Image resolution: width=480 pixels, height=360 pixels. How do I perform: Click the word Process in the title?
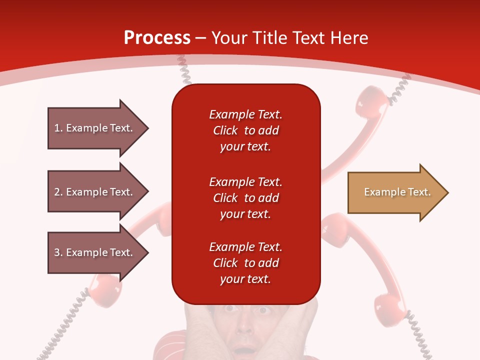tap(157, 38)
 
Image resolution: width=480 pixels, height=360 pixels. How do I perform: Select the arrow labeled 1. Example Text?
tap(95, 128)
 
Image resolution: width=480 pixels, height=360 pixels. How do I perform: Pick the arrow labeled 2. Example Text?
tap(95, 192)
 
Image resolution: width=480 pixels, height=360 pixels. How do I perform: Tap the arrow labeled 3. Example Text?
tap(95, 252)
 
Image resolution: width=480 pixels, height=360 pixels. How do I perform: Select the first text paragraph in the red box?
tap(245, 130)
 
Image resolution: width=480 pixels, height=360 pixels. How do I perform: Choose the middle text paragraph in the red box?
tap(245, 197)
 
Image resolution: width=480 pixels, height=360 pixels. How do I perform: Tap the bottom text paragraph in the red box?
tap(245, 263)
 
